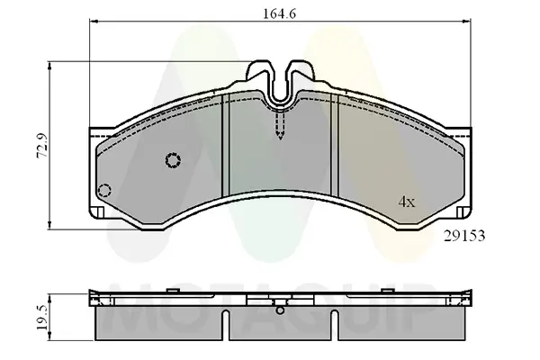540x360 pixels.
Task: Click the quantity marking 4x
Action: click(x=407, y=202)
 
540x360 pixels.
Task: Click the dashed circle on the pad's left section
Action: click(x=173, y=160)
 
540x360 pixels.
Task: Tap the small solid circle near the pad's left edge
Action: click(x=104, y=191)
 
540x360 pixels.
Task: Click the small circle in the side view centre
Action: click(x=281, y=313)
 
